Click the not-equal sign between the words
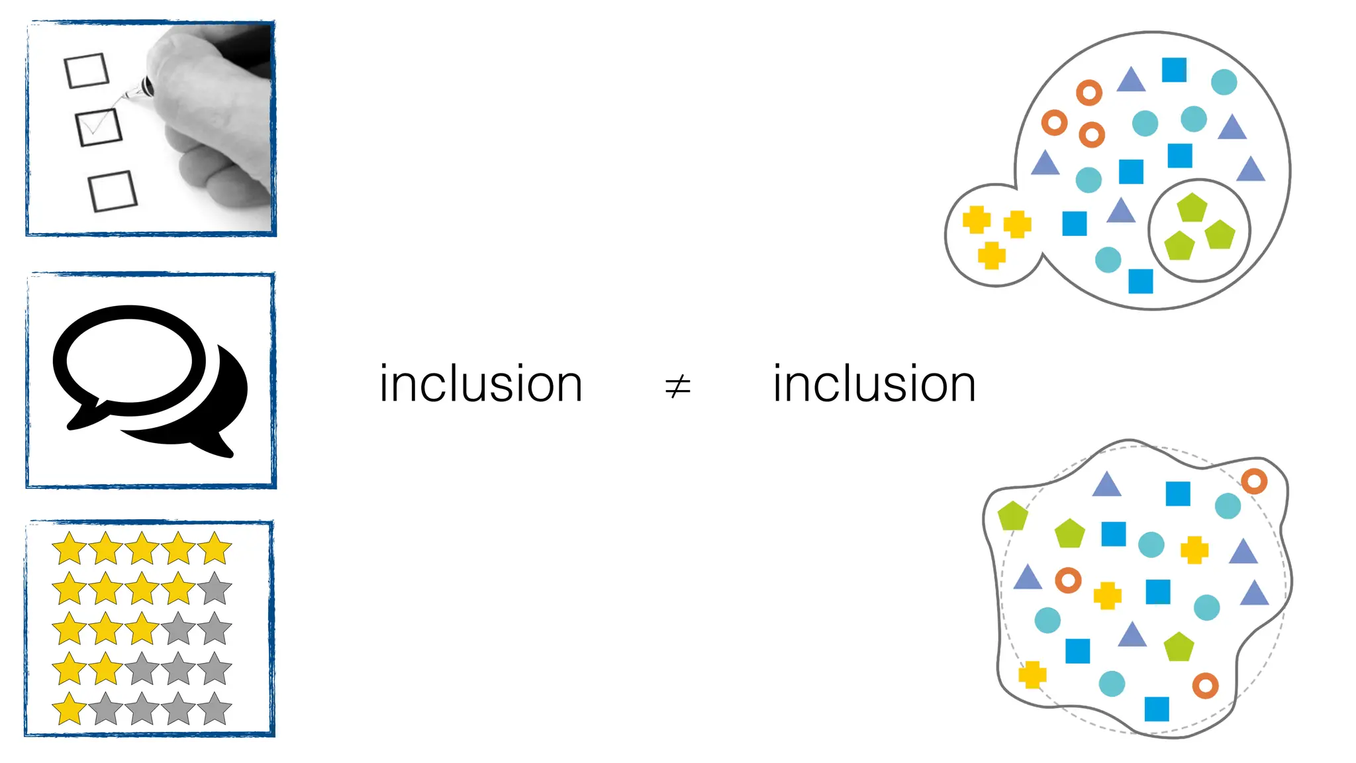[677, 385]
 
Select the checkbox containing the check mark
[99, 127]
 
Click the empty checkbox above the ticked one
[87, 70]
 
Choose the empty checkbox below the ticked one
[113, 191]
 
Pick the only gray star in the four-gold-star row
[215, 589]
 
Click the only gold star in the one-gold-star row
[70, 709]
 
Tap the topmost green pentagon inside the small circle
[1192, 208]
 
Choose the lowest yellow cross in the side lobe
[991, 255]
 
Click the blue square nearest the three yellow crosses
[1074, 224]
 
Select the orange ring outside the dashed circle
[1253, 482]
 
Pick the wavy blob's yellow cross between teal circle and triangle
[1194, 550]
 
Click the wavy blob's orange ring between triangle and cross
[1068, 580]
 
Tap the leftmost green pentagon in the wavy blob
[1012, 516]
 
